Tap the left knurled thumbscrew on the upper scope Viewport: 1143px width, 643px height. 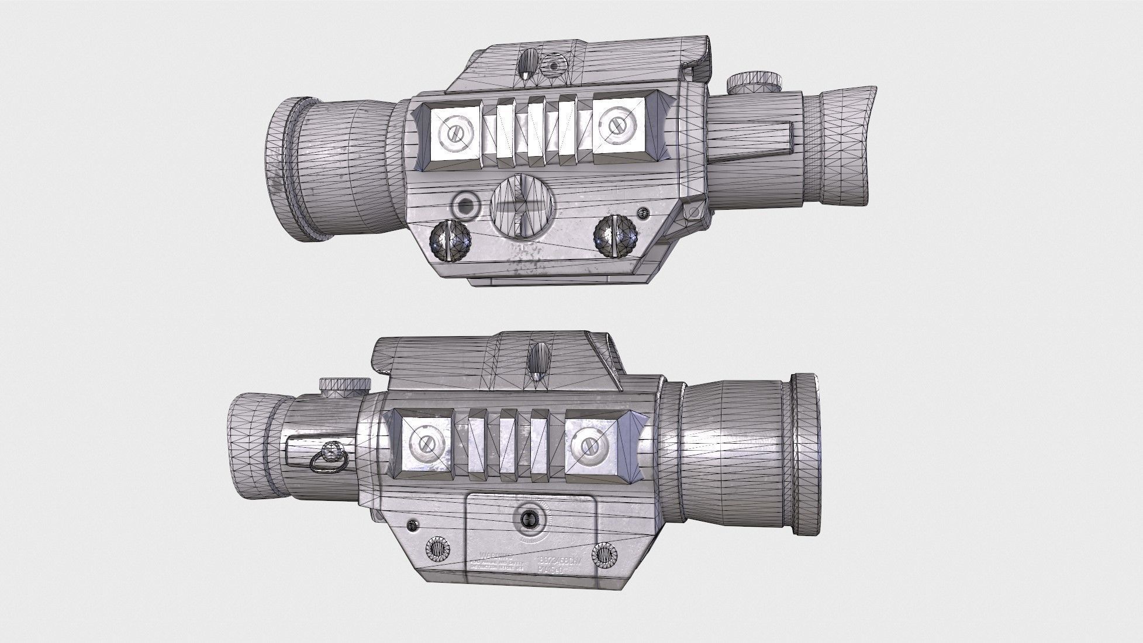click(x=450, y=243)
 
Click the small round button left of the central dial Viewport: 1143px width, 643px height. click(x=466, y=205)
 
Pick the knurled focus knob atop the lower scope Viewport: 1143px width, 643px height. click(x=345, y=385)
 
